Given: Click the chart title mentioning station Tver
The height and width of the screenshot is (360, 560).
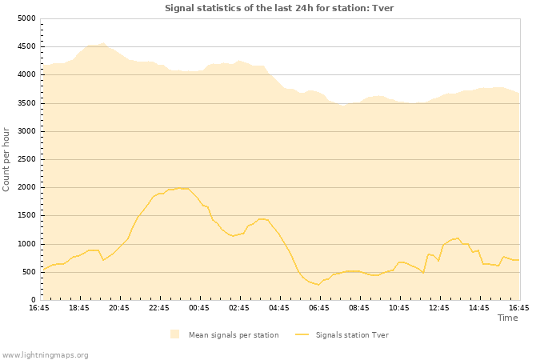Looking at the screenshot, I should [x=279, y=8].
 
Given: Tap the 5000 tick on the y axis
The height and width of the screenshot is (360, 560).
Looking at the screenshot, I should [x=26, y=18].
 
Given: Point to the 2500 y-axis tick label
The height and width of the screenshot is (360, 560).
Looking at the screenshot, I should [x=26, y=159].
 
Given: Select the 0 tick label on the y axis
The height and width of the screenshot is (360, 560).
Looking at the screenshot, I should [x=33, y=300].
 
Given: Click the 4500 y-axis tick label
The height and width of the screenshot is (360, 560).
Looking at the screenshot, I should [x=26, y=46].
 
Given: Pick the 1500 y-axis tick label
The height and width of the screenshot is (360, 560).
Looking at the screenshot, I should [x=26, y=216].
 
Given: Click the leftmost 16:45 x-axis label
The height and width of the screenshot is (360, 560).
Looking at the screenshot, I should [x=39, y=308].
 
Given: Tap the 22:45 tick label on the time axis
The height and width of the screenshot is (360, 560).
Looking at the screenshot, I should [x=159, y=308].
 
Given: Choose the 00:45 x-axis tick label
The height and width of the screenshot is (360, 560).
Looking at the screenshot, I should [x=199, y=308].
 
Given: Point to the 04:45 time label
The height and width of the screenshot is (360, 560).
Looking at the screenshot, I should [x=279, y=308].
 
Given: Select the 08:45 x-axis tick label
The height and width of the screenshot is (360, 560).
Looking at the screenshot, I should [x=359, y=308].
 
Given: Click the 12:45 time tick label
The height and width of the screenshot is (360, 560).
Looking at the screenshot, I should [x=439, y=308].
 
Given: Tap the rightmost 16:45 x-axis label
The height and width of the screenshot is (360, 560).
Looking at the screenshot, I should [x=519, y=308].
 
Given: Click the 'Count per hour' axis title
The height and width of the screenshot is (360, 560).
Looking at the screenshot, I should [x=7, y=159].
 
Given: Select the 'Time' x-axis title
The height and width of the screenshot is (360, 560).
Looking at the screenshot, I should [x=508, y=318].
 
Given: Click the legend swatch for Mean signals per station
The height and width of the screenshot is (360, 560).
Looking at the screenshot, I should [x=174, y=335].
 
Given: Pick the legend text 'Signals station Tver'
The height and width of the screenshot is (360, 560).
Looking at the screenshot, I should [x=352, y=335].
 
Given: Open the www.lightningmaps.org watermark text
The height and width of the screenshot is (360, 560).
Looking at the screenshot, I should [x=46, y=354].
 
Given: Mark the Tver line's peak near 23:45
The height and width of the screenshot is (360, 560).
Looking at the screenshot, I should [x=179, y=188].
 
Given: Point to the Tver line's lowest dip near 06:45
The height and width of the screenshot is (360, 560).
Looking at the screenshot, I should [x=318, y=285].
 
